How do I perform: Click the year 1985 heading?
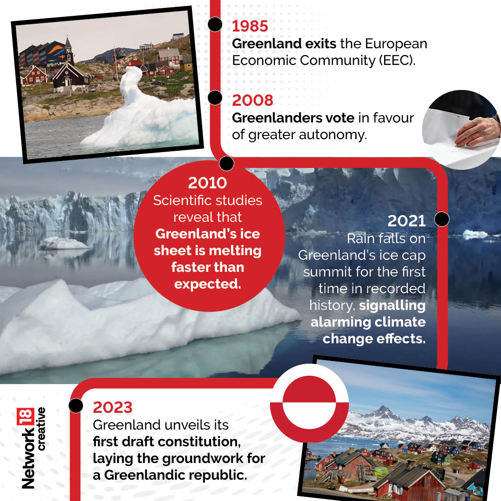click(250, 26)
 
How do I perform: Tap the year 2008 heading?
click(253, 100)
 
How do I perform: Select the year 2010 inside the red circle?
click(207, 183)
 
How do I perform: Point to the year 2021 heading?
click(406, 221)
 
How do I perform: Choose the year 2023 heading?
click(113, 407)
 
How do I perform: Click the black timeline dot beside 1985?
click(215, 25)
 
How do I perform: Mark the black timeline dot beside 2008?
click(215, 98)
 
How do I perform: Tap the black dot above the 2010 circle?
click(226, 163)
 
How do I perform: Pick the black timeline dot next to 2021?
click(442, 219)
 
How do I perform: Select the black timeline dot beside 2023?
click(76, 405)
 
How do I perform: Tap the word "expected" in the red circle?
click(207, 284)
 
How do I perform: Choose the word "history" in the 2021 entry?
click(332, 305)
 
